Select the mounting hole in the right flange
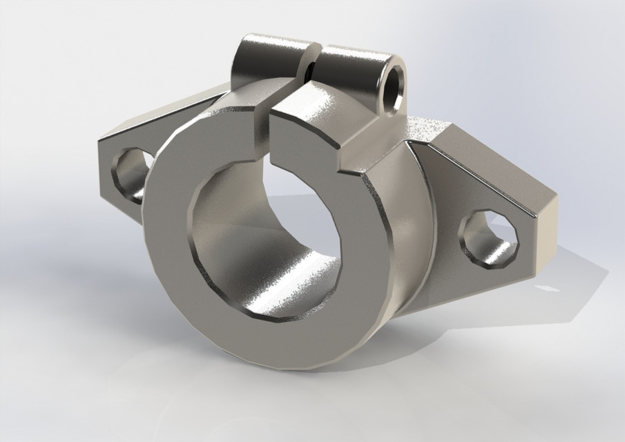tap(488, 240)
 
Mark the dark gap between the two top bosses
tap(312, 66)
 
